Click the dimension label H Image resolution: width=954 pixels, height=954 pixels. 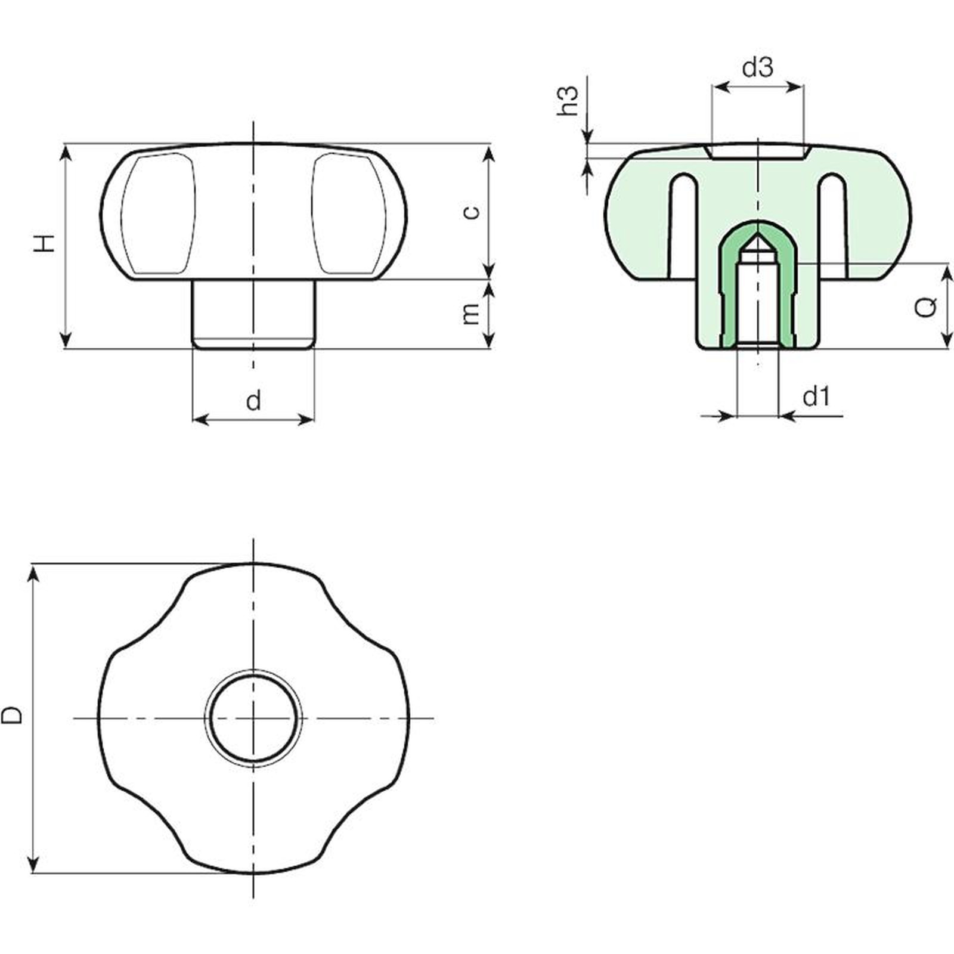point(44,243)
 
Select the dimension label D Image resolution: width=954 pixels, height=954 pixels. point(12,715)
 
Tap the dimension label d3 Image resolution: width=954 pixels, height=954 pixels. point(758,67)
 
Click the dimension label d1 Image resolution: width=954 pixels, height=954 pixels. point(816,396)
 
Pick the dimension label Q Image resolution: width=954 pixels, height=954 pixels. point(925,306)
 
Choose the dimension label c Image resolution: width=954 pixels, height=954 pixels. point(471,212)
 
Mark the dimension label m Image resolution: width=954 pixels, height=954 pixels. point(470,314)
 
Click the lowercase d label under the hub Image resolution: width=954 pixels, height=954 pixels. point(253,400)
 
